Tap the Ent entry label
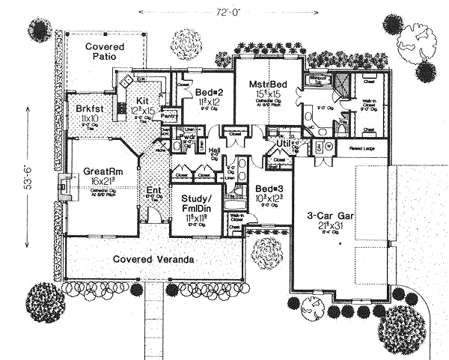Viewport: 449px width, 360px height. tap(154, 190)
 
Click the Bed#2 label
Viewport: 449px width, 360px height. tap(205, 93)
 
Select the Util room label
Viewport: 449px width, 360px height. tap(284, 141)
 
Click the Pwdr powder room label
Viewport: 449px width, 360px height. tap(187, 138)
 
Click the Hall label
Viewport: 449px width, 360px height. tap(214, 150)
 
